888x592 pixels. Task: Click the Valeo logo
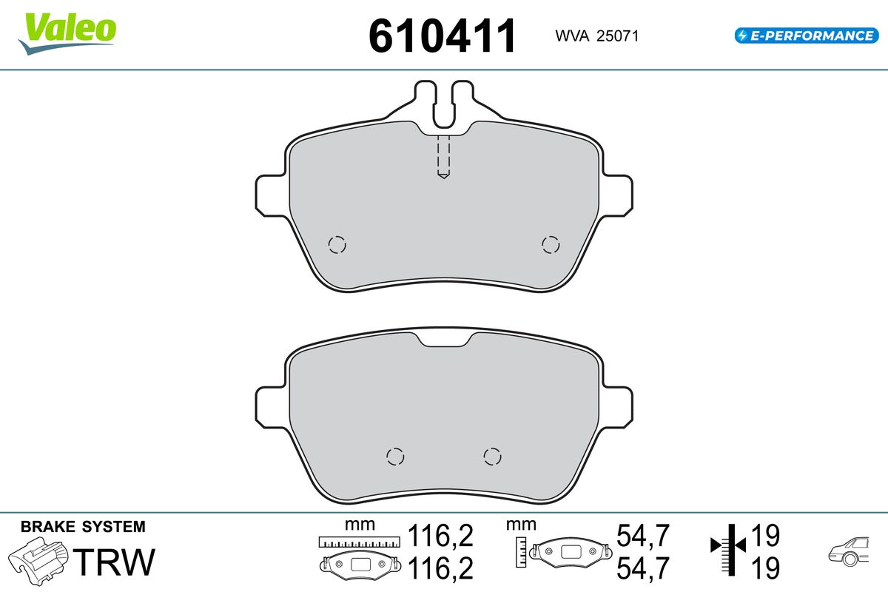pyautogui.click(x=67, y=33)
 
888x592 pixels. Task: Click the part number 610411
pyautogui.click(x=442, y=36)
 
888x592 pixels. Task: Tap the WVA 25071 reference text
pyautogui.click(x=596, y=36)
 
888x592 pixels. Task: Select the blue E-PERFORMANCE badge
pyautogui.click(x=807, y=36)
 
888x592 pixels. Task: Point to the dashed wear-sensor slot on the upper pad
pyautogui.click(x=443, y=157)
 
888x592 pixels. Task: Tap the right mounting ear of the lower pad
pyautogui.click(x=617, y=407)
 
